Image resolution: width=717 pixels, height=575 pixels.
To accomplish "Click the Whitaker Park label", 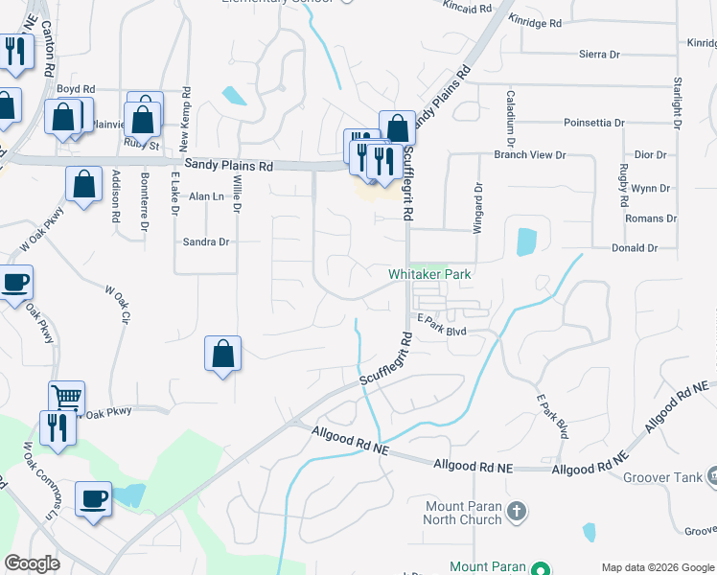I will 430,274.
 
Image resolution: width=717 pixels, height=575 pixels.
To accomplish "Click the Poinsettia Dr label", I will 593,123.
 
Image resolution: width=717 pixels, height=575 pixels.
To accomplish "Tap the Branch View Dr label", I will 530,154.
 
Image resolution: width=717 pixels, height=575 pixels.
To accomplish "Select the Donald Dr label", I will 635,248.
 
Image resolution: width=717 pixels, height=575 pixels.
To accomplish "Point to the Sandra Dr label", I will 206,242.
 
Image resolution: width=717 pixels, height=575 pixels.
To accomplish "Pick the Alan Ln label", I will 205,196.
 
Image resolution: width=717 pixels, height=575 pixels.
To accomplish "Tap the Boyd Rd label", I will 77,89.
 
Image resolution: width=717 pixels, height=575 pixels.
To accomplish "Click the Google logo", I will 32,563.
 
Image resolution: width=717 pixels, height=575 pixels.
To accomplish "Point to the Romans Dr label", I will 651,218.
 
